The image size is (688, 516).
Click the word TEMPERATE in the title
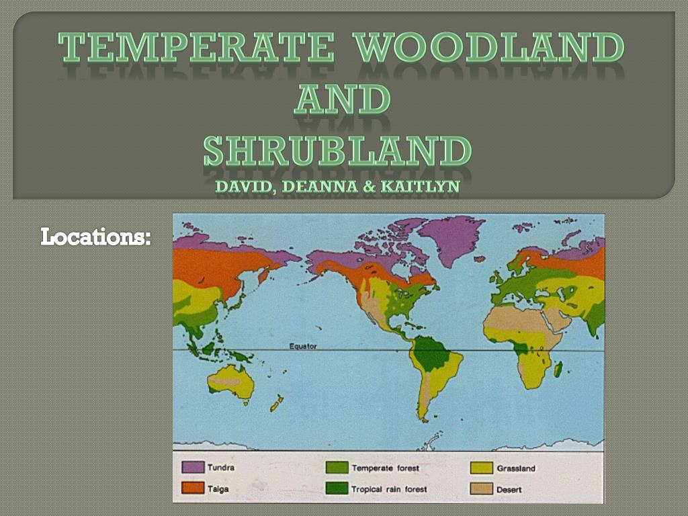click(196, 48)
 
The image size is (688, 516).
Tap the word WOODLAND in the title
click(488, 48)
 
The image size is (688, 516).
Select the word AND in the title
click(343, 99)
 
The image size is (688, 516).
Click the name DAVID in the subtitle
click(242, 187)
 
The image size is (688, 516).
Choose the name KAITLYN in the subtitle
click(420, 187)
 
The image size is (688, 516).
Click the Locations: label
click(95, 236)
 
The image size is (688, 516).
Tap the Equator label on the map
click(303, 346)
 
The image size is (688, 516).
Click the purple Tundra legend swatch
click(193, 467)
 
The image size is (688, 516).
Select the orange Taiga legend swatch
click(193, 488)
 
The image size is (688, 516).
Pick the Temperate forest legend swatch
click(337, 467)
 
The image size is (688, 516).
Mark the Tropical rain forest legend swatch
click(337, 488)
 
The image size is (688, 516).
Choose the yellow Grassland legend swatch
click(481, 467)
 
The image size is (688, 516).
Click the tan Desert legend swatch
click(481, 488)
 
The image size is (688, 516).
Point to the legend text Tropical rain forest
click(389, 489)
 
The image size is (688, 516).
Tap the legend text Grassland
click(516, 468)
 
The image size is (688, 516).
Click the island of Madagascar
click(558, 368)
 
